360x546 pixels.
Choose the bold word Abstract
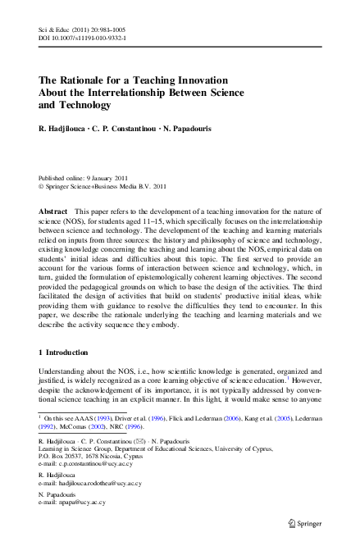point(52,212)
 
